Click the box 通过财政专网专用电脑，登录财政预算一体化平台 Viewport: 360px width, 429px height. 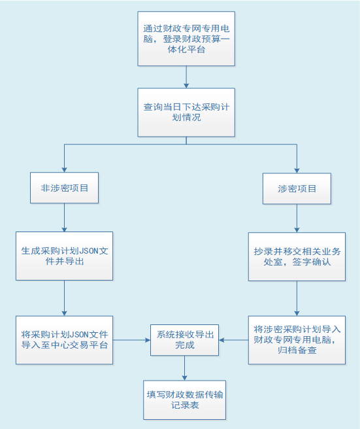pos(186,39)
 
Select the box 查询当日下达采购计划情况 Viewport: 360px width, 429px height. pos(186,112)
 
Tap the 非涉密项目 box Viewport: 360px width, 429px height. pos(64,188)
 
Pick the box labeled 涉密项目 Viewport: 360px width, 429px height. pos(297,188)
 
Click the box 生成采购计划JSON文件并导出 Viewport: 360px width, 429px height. pos(64,256)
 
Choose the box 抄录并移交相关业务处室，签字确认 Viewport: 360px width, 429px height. pos(297,256)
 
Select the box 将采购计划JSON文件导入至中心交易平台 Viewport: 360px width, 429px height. pos(64,340)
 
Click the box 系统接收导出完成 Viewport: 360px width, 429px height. pos(184,340)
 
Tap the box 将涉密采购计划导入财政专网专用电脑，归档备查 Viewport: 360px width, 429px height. pos(297,340)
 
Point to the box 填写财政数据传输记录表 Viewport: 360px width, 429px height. pos(184,400)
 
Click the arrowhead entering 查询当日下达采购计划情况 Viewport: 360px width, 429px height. pos(186,86)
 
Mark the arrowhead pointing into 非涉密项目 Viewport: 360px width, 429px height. pos(64,170)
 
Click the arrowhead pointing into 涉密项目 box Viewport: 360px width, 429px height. pos(297,171)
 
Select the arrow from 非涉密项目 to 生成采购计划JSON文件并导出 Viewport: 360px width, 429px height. pos(64,218)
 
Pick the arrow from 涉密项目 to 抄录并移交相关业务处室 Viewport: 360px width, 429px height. pos(297,218)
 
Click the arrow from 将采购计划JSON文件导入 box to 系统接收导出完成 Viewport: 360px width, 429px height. pos(131,340)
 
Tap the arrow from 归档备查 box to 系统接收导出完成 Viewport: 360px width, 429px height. pos(234,340)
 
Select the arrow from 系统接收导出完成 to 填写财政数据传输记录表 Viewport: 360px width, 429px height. pos(184,368)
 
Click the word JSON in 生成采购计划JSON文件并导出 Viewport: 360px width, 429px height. pos(88,251)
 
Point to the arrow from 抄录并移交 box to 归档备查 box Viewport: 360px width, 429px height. pos(297,298)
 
